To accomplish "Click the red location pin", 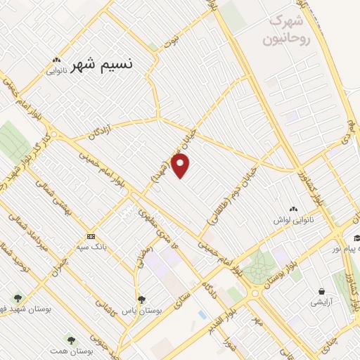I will pos(181,166).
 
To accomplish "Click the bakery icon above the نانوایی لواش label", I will pos(294,208).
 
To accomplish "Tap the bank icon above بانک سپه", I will pos(91,236).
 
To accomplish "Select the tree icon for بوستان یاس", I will pos(141,299).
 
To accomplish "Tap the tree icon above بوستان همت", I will pos(70,339).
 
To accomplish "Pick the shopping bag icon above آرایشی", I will pos(322,291).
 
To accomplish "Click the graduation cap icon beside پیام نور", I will pos(357,238).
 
